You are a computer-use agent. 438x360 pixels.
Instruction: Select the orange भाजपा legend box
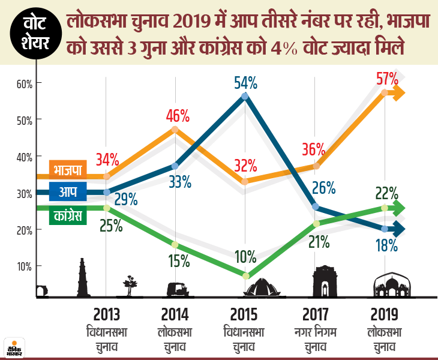pos(67,169)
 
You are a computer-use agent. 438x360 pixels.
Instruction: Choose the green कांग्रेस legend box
pos(67,214)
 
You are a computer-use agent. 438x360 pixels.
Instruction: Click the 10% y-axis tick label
pos(23,266)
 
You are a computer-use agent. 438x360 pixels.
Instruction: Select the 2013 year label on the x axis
pos(106,314)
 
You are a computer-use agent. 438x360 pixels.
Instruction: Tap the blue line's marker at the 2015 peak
pos(244,96)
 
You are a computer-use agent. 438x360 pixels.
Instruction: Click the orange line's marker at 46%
pos(175,129)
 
